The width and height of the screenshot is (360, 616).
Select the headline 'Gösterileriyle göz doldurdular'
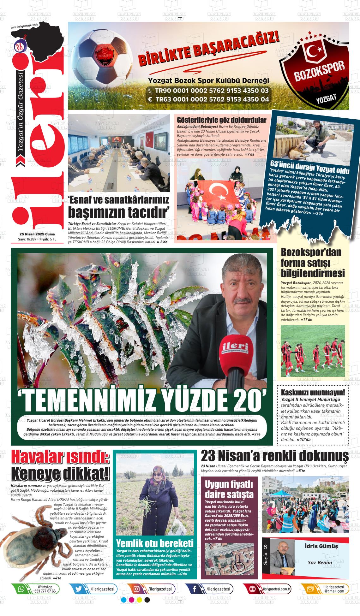pos(222,120)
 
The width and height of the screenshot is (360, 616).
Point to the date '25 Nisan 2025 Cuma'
pos(37,234)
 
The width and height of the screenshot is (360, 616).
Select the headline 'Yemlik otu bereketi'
pos(155,543)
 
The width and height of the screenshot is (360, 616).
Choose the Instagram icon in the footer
pos(137,589)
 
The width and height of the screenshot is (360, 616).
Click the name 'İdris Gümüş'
pos(321,546)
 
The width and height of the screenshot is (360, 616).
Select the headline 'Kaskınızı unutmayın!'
pos(313,393)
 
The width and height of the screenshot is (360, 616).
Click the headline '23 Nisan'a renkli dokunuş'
pos(275,456)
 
